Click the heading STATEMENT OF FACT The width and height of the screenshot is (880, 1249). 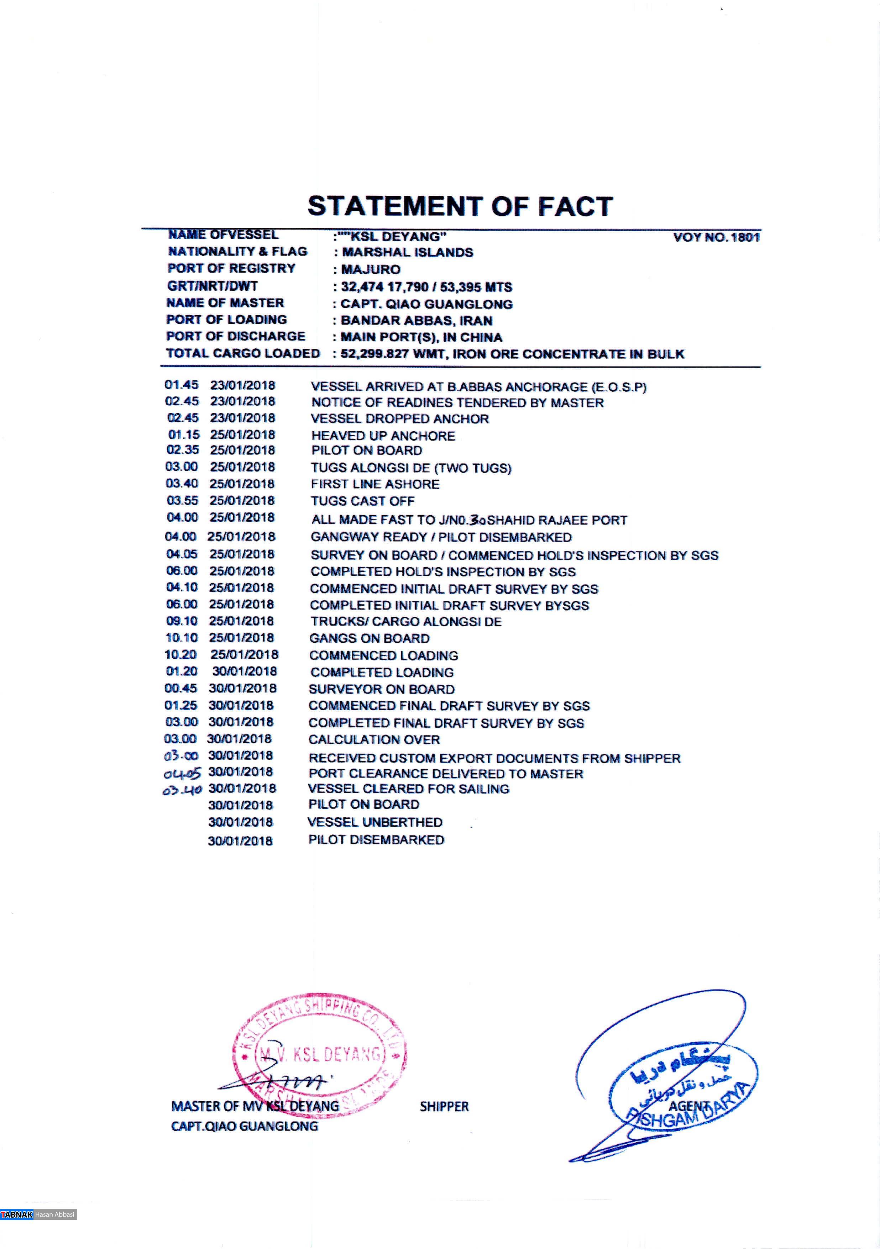pyautogui.click(x=460, y=207)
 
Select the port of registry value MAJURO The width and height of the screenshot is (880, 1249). pyautogui.click(x=371, y=269)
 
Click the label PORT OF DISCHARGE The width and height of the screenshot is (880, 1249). pyautogui.click(x=236, y=336)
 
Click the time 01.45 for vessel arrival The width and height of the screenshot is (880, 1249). pyautogui.click(x=182, y=385)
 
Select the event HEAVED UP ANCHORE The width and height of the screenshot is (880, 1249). pyautogui.click(x=383, y=436)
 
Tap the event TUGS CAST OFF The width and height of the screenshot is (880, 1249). pyautogui.click(x=362, y=500)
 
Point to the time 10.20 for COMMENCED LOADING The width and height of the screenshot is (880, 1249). pyautogui.click(x=181, y=654)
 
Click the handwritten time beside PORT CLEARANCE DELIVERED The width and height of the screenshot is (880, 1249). pyautogui.click(x=182, y=773)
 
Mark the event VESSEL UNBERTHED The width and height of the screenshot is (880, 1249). pyautogui.click(x=375, y=822)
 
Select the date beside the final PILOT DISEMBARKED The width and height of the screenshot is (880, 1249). pyautogui.click(x=240, y=840)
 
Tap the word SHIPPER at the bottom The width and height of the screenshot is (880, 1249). pyautogui.click(x=444, y=1106)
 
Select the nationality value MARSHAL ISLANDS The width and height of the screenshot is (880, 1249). pyautogui.click(x=407, y=252)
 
